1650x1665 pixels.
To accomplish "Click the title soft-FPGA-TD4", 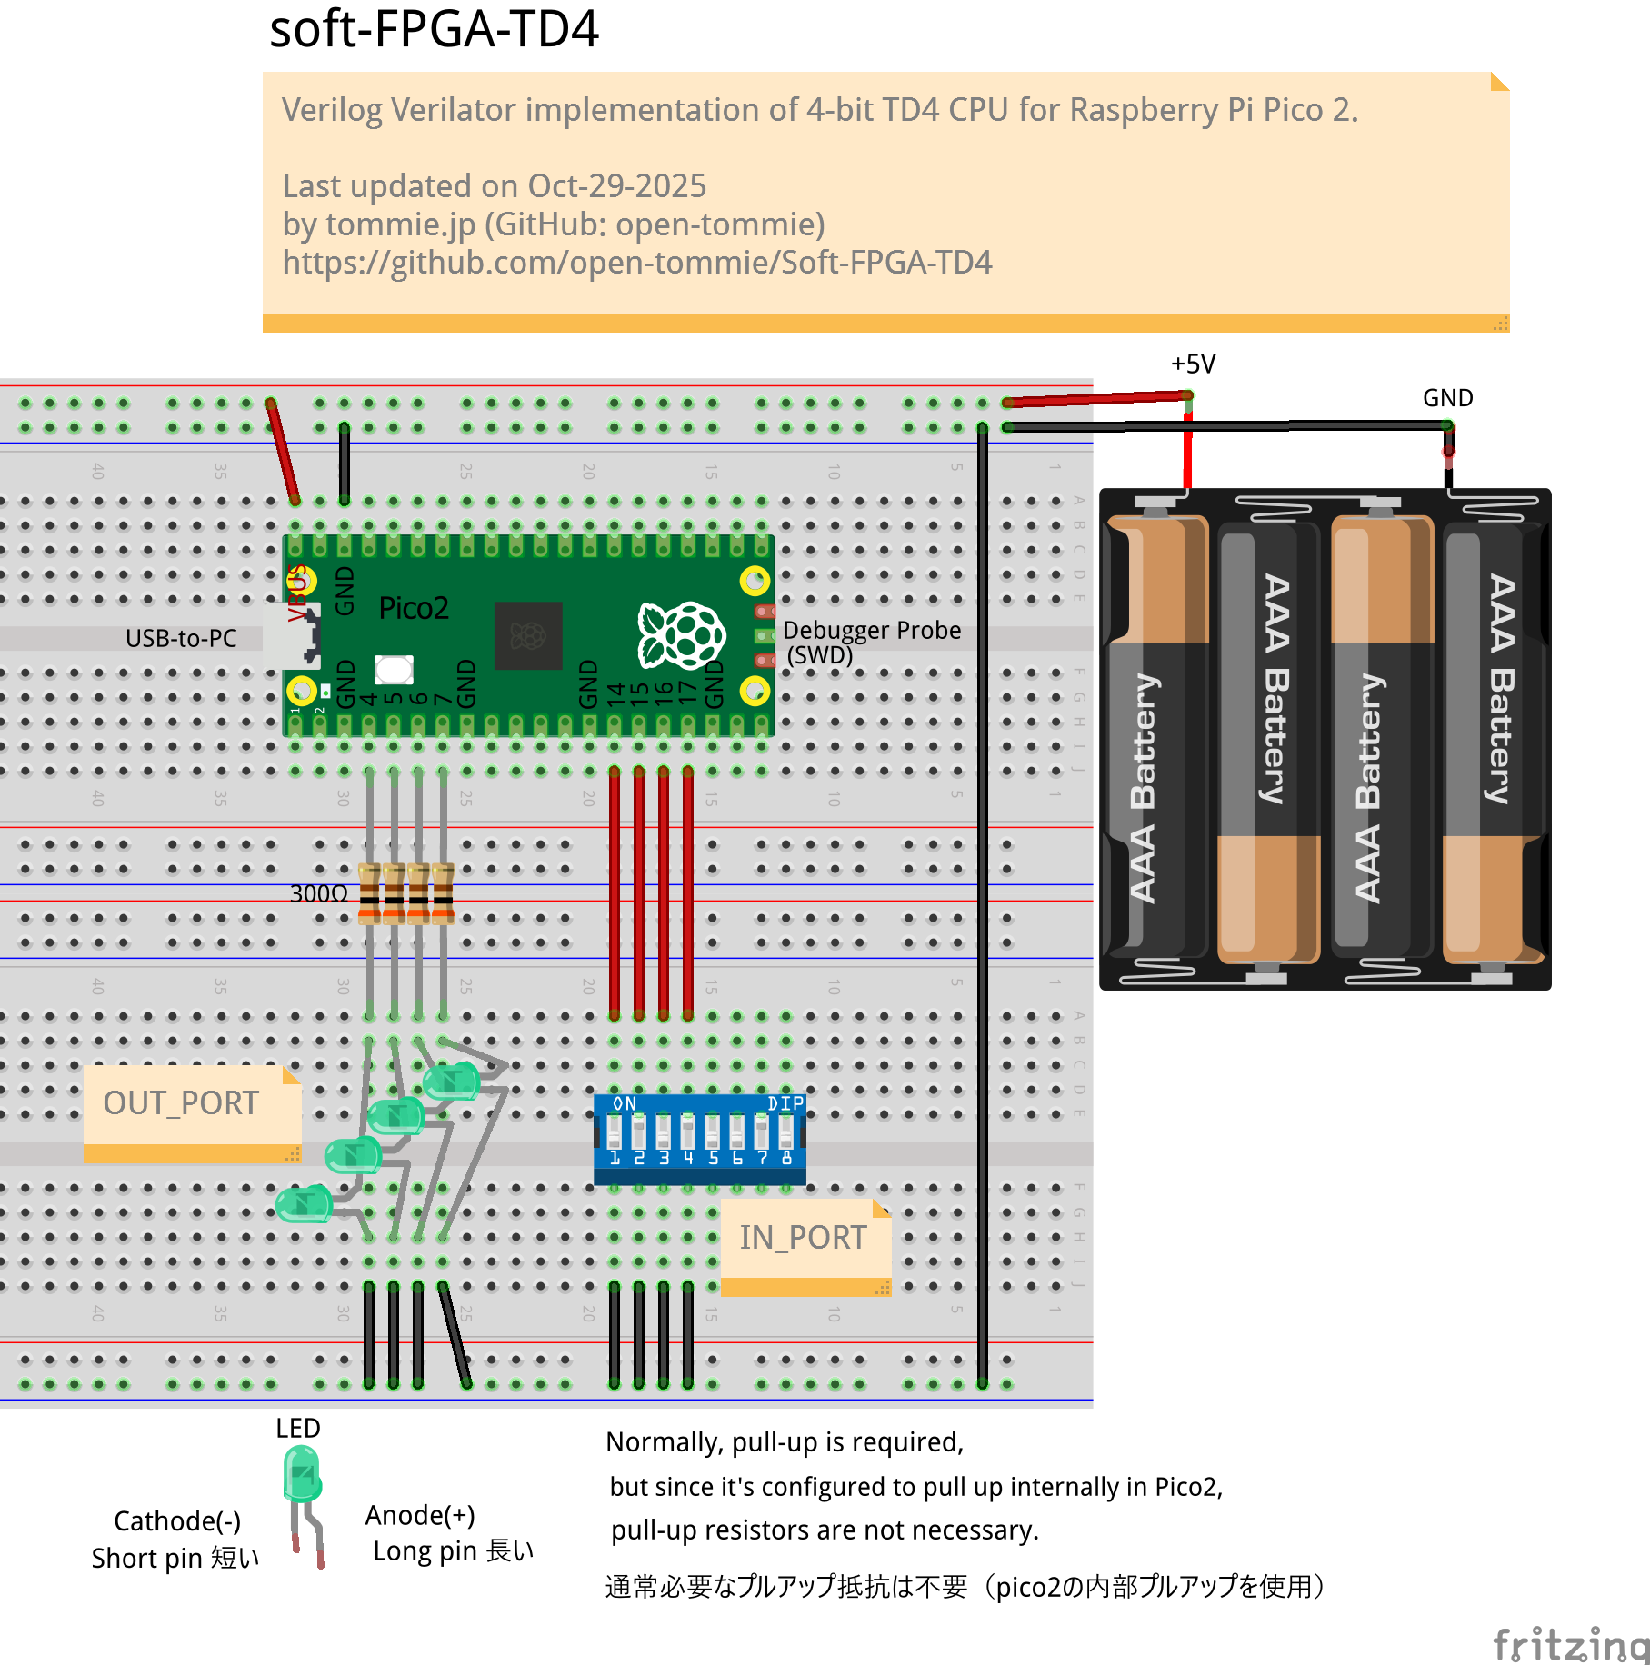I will tap(434, 29).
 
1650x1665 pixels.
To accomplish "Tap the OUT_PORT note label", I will tap(181, 1103).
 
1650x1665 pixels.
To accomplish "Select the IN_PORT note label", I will tap(803, 1238).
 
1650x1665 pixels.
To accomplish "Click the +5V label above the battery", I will tap(1193, 364).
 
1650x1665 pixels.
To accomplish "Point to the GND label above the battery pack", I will tap(1447, 398).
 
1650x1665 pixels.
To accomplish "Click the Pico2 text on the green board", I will tap(414, 608).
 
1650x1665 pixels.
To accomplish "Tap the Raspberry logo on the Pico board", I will tap(682, 634).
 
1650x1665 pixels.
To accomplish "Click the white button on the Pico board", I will tap(394, 670).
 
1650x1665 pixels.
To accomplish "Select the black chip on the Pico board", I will tap(528, 635).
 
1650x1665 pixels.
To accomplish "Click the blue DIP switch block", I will tap(699, 1139).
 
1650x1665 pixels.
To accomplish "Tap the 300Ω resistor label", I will tap(318, 894).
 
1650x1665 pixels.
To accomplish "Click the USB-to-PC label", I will tap(181, 639).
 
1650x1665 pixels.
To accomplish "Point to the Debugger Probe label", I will tap(871, 631).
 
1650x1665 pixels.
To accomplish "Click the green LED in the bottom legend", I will tap(303, 1474).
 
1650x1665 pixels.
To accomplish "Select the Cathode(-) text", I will tap(177, 1521).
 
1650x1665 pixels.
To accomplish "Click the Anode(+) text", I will tap(420, 1515).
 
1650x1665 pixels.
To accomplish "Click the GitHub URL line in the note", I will tap(636, 263).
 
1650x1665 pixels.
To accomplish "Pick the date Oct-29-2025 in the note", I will tap(616, 186).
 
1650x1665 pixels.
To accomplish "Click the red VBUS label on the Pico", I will tap(296, 593).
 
